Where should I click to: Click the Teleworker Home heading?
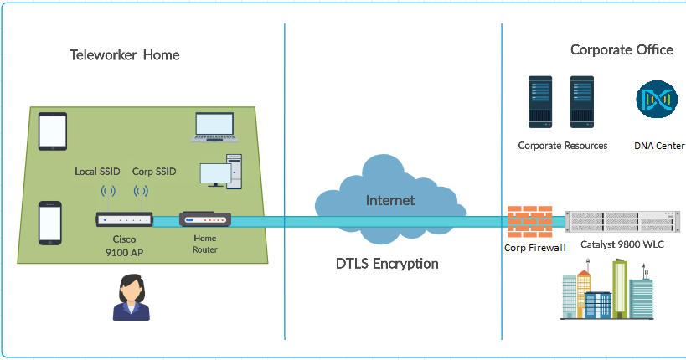tap(124, 55)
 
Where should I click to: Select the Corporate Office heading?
tap(622, 49)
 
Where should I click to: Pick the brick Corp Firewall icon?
tap(530, 222)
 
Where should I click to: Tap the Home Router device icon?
tap(204, 221)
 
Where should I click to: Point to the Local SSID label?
tap(97, 172)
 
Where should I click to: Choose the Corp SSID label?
tap(154, 172)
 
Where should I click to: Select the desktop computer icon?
tap(220, 172)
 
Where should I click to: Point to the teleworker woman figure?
tap(132, 297)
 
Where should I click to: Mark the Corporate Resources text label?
tap(563, 146)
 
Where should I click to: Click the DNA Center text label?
tap(659, 146)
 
